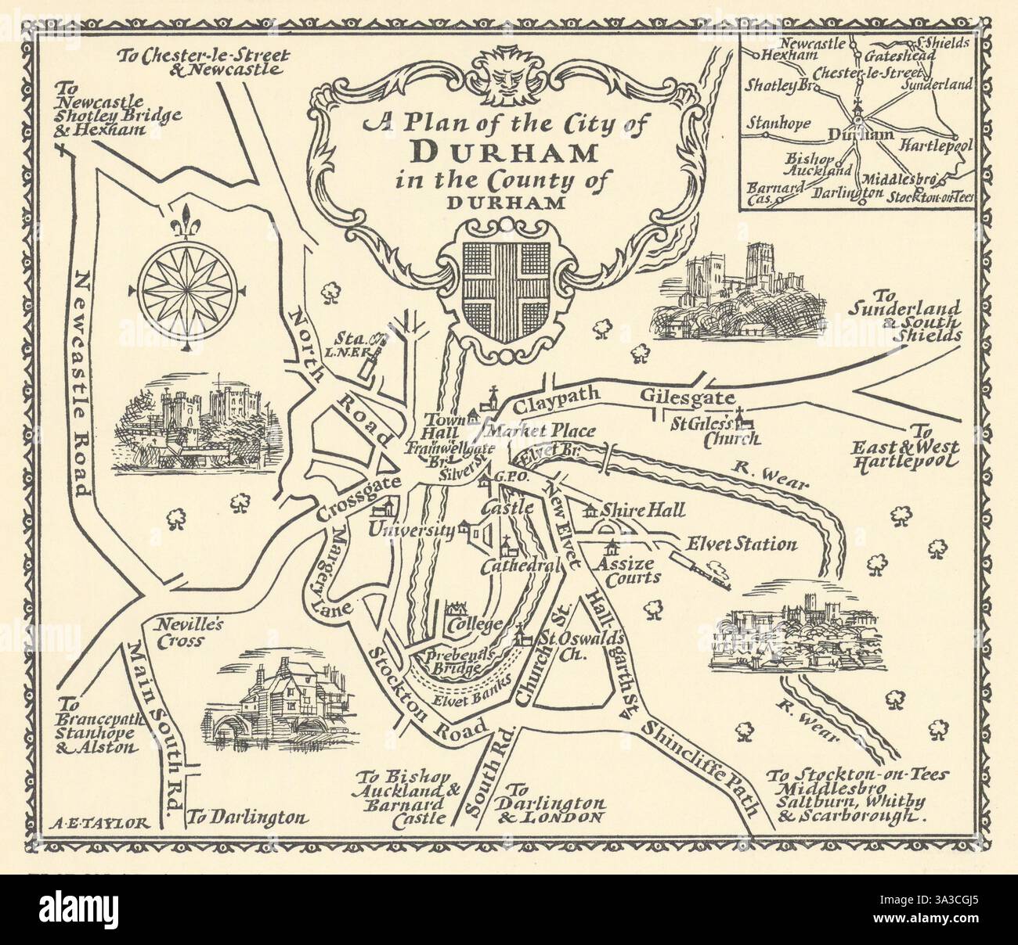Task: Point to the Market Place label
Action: (541, 431)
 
